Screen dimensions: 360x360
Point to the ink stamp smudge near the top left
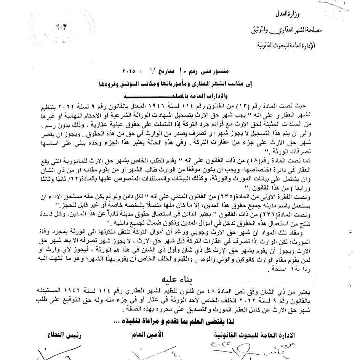(x=61, y=28)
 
